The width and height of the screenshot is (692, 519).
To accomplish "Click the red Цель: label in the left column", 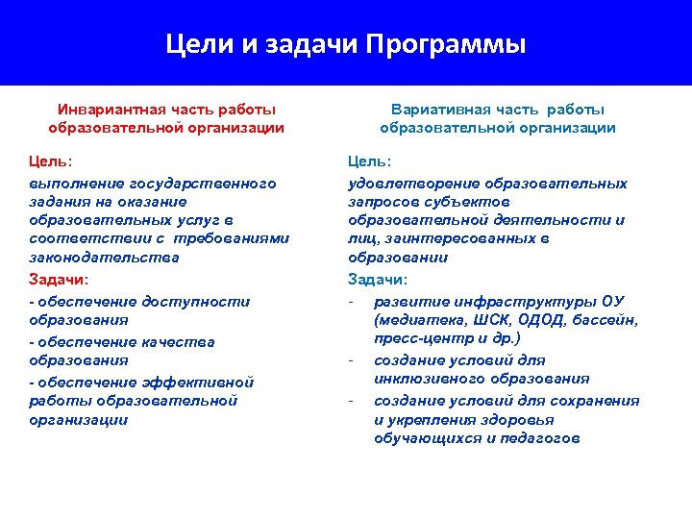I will point(51,161).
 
